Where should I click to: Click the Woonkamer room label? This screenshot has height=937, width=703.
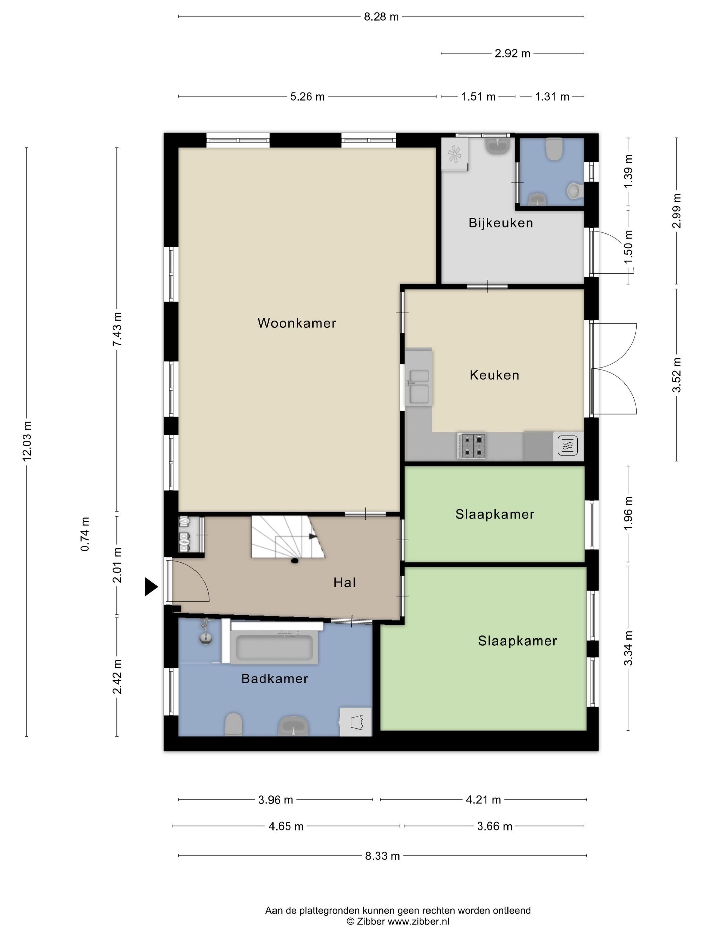(297, 323)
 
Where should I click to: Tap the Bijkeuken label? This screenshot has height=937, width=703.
(500, 223)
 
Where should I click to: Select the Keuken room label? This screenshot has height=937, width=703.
(494, 375)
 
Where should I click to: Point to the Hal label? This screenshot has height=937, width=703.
(344, 583)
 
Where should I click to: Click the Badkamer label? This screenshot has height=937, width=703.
(275, 679)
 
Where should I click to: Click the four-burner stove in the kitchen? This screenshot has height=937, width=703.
(471, 446)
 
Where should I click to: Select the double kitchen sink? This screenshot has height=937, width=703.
(419, 386)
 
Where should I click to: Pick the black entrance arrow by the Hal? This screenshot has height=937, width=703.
(151, 587)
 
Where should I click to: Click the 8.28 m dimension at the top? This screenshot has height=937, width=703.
(381, 17)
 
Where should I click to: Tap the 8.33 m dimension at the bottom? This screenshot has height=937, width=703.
(382, 856)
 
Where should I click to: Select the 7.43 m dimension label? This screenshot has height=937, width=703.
(117, 329)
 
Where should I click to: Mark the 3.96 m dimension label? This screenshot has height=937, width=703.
(276, 800)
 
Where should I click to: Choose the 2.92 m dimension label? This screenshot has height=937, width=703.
(512, 53)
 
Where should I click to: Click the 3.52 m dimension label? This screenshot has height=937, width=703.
(676, 375)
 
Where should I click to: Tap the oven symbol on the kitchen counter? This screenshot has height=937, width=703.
(568, 446)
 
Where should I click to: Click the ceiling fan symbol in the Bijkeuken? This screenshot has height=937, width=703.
(455, 154)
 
